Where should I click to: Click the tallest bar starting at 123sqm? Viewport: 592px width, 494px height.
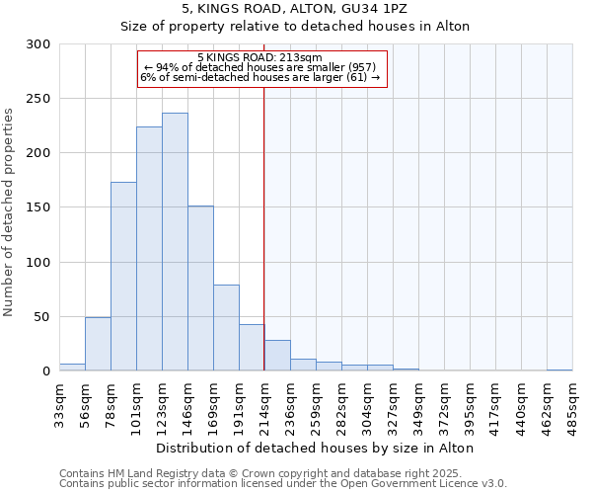pyautogui.click(x=175, y=242)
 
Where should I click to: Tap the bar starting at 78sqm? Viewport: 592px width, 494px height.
pyautogui.click(x=123, y=277)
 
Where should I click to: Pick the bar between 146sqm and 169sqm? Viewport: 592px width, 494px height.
pyautogui.click(x=200, y=288)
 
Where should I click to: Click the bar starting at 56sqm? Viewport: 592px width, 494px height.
pyautogui.click(x=98, y=344)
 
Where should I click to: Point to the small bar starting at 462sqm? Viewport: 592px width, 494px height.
pyautogui.click(x=559, y=370)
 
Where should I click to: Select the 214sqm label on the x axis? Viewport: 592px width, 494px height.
pyautogui.click(x=264, y=407)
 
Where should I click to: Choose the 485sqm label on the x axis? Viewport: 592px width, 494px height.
pyautogui.click(x=572, y=407)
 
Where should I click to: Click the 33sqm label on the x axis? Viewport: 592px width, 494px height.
pyautogui.click(x=59, y=407)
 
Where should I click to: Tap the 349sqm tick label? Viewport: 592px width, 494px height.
pyautogui.click(x=418, y=407)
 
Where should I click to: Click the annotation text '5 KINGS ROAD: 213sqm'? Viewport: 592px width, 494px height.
pyautogui.click(x=259, y=58)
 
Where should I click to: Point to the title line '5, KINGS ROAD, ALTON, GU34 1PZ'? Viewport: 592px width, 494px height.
pyautogui.click(x=294, y=8)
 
